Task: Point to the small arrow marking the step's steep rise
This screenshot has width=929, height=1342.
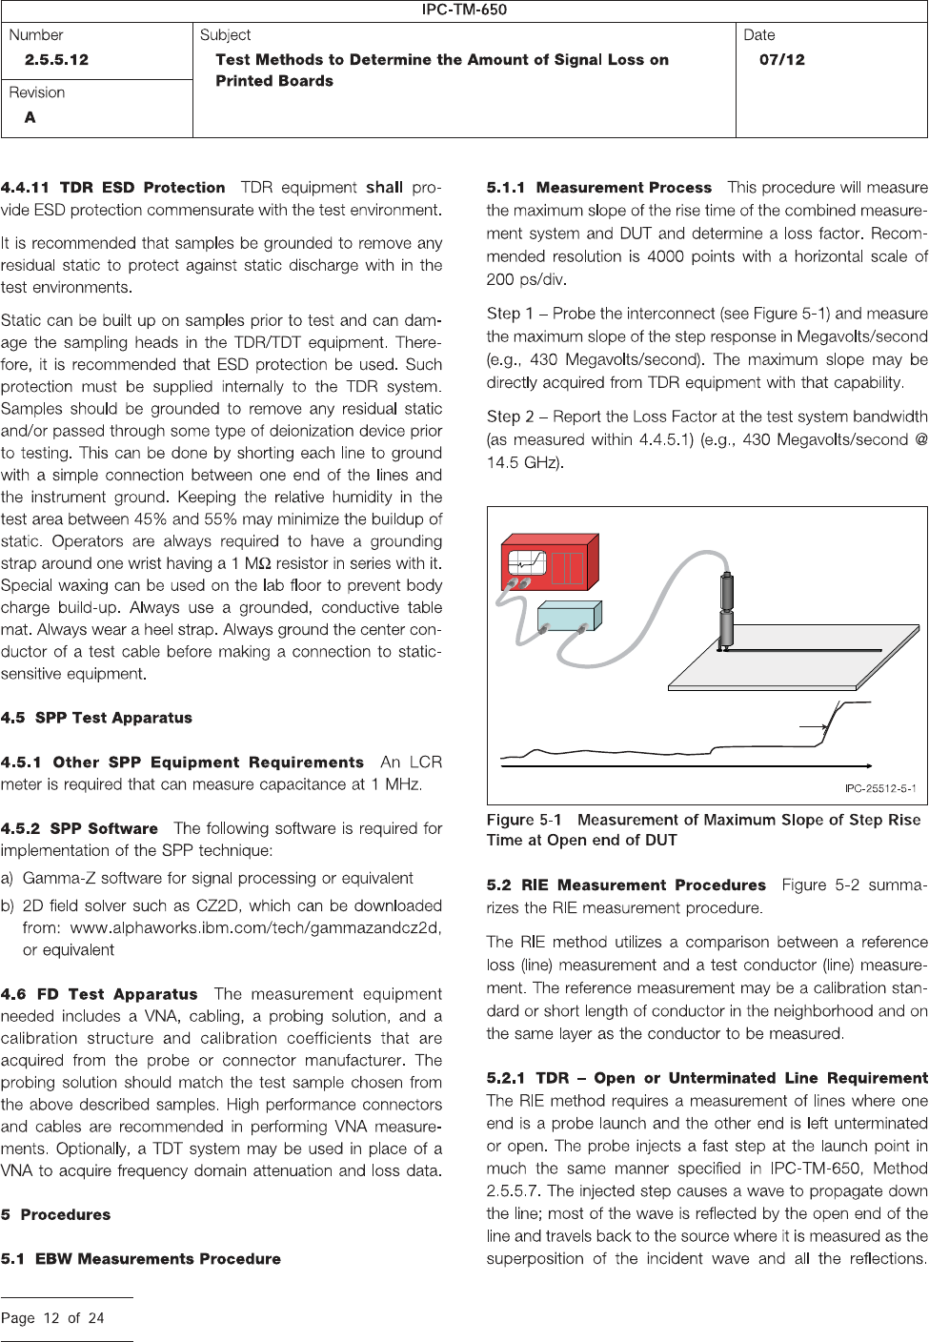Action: (811, 726)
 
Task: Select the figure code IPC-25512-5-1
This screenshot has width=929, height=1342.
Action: (880, 788)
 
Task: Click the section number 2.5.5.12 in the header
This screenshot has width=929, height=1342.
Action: (56, 59)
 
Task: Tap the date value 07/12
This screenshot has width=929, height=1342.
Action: (781, 59)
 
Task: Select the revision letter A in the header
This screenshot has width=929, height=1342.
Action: (30, 117)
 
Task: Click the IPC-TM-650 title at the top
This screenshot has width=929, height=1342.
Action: (464, 10)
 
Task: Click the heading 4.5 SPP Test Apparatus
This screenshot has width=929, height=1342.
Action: (96, 718)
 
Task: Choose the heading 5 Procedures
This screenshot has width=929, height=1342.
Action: (55, 1215)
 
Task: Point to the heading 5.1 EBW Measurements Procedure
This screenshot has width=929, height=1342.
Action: (141, 1259)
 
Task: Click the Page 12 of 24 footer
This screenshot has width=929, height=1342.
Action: (52, 1318)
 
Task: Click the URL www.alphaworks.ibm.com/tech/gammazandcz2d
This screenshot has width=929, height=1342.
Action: (256, 927)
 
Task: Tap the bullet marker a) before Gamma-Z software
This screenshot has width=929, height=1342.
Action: (8, 878)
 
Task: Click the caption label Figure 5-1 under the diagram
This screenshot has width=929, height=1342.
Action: (524, 820)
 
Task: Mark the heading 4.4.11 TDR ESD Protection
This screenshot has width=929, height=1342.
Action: (113, 188)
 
